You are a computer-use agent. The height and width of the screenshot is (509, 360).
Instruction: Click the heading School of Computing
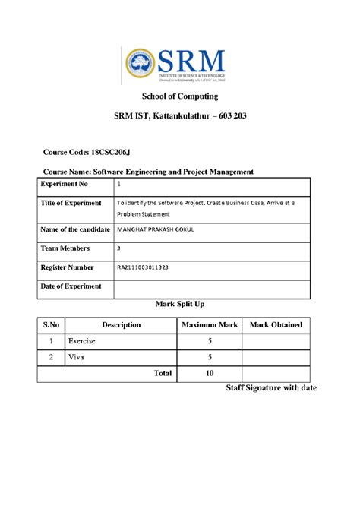click(x=180, y=96)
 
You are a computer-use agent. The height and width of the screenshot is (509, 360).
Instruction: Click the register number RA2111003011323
click(x=153, y=267)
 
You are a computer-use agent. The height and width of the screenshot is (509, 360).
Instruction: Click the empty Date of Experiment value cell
click(x=212, y=287)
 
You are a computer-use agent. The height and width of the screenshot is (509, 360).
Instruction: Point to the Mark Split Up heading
click(x=180, y=304)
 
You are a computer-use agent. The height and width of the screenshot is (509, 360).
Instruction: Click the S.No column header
click(x=50, y=324)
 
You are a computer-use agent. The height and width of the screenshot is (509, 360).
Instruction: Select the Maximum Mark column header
click(x=208, y=324)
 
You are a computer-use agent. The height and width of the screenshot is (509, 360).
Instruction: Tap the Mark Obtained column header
click(x=276, y=324)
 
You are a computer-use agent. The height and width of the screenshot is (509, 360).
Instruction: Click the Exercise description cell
click(x=82, y=342)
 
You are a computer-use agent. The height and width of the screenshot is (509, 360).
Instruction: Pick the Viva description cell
click(x=76, y=357)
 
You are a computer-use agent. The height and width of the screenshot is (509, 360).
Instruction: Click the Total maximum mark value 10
click(x=209, y=373)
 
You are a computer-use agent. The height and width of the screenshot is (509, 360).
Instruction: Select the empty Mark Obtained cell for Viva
click(x=276, y=357)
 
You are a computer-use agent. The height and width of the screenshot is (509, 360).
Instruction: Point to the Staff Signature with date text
click(x=271, y=389)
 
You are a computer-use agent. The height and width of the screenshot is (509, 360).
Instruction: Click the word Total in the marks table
click(x=163, y=373)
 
